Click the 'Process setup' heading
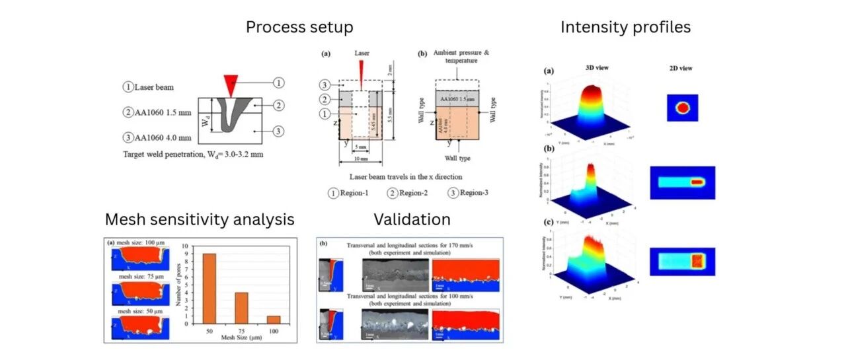click(x=299, y=28)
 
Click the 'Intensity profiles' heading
click(x=625, y=28)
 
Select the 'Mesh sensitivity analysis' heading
click(x=200, y=219)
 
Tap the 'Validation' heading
click(x=412, y=219)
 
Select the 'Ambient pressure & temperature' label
click(x=455, y=57)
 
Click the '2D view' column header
click(x=679, y=68)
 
